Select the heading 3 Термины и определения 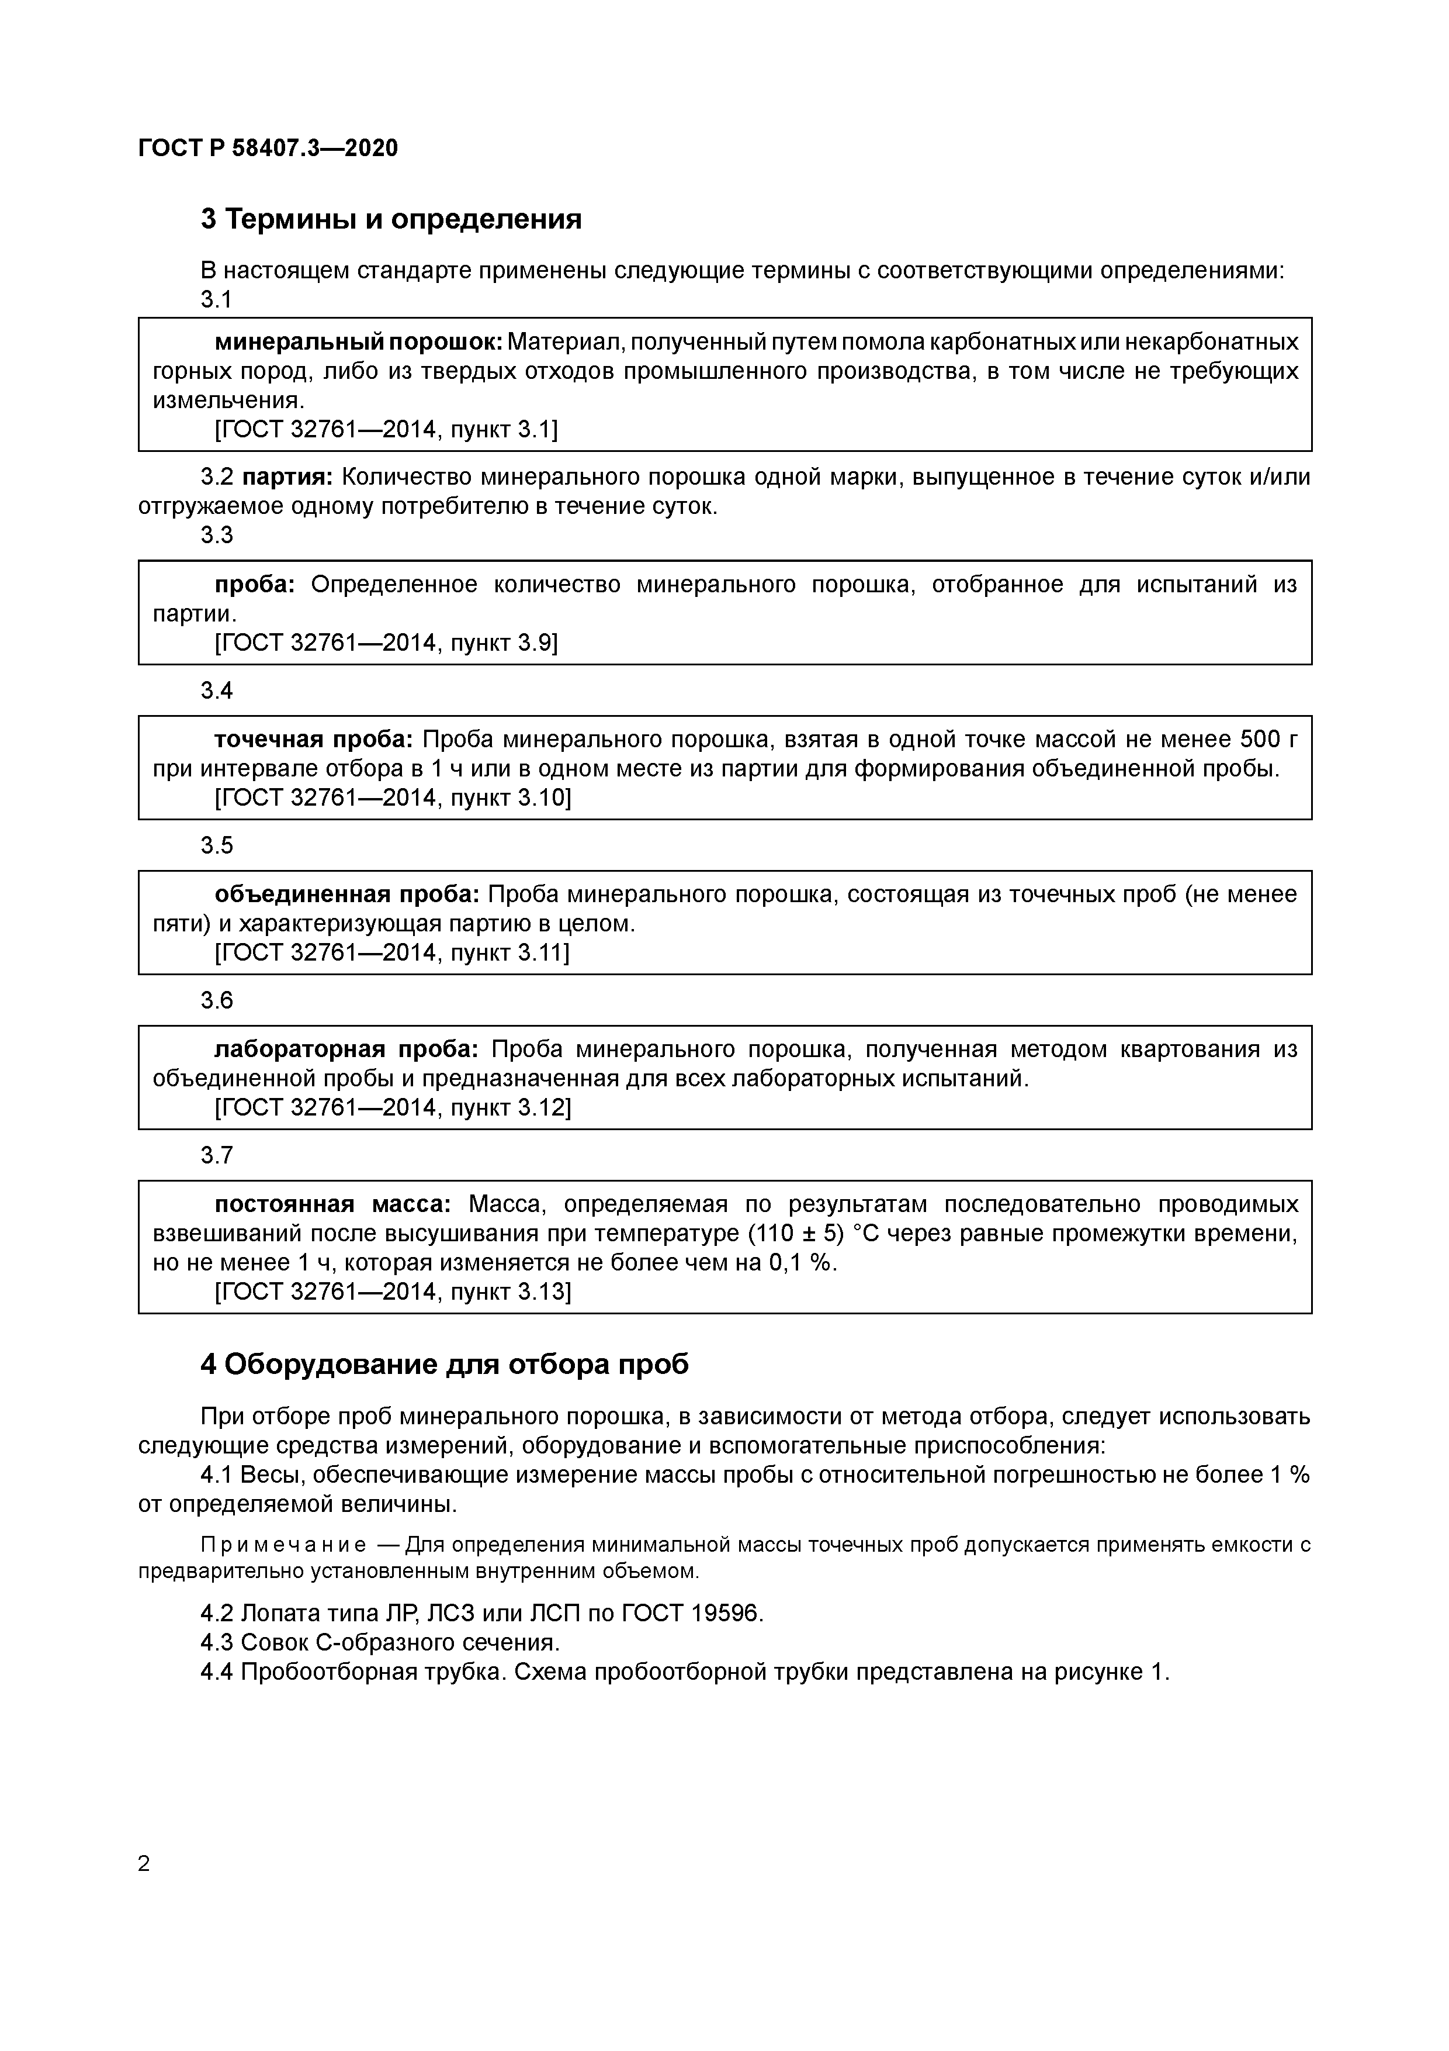(391, 219)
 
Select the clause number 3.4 (217, 690)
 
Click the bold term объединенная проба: (347, 894)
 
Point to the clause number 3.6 (217, 1000)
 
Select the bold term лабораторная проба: (346, 1049)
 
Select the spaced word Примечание (283, 1545)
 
